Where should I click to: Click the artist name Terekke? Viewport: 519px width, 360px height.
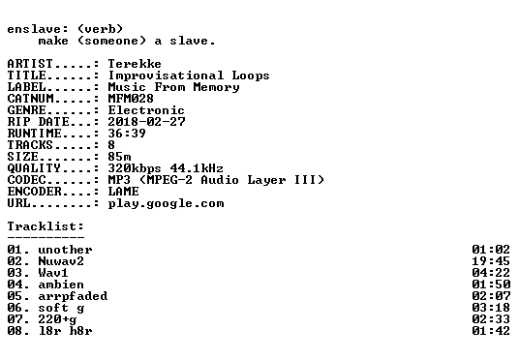(x=135, y=64)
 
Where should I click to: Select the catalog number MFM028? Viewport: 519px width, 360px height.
(x=131, y=99)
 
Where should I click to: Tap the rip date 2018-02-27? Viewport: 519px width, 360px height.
(x=146, y=121)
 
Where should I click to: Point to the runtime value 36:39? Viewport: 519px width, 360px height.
(x=127, y=133)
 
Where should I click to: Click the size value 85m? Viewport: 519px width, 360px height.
(x=119, y=156)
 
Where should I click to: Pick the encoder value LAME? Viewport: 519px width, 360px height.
(x=123, y=192)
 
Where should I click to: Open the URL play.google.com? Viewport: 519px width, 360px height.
(x=166, y=203)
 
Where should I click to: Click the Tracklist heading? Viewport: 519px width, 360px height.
(x=46, y=226)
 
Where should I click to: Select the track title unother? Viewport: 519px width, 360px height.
(x=65, y=250)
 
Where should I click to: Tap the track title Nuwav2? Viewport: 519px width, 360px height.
(x=61, y=261)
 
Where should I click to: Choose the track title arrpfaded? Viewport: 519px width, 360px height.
(x=73, y=296)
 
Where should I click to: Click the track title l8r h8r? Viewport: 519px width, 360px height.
(x=65, y=331)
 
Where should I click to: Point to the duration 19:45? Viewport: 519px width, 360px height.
(x=491, y=261)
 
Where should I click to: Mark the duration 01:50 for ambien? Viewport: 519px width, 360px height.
(x=491, y=285)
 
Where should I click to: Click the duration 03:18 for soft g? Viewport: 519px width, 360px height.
(x=491, y=308)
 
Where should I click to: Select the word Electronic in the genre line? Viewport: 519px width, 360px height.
(x=146, y=110)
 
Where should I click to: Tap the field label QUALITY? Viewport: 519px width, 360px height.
(x=34, y=168)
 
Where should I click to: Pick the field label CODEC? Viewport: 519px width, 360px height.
(x=26, y=180)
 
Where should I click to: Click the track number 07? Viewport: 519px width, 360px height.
(x=15, y=319)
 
